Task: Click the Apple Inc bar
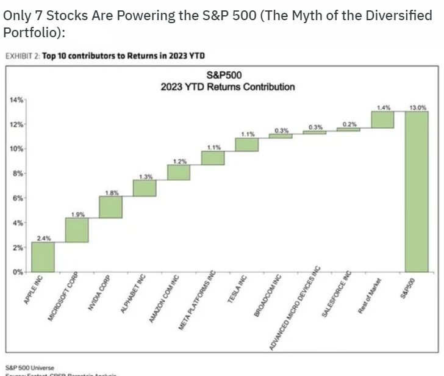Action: [43, 257]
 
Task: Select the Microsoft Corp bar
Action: [77, 230]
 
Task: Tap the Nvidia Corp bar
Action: [111, 207]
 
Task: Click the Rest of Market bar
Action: [384, 120]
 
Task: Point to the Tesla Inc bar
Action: [247, 144]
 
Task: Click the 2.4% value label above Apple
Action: [44, 238]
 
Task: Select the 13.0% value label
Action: [418, 107]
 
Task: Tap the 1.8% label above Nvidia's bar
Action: [112, 192]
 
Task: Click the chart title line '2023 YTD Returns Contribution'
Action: [227, 87]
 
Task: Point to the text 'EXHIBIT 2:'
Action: [22, 56]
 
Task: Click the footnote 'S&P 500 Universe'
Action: [30, 367]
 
